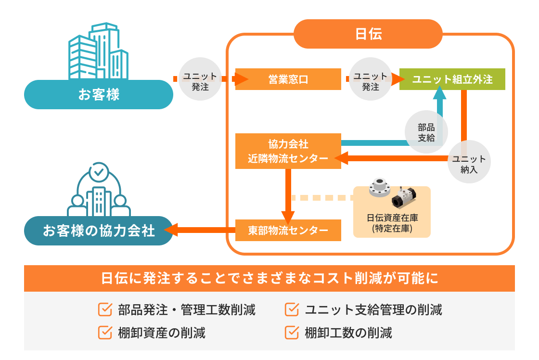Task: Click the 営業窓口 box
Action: [288, 79]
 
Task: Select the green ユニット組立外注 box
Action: [452, 79]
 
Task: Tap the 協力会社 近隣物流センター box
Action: [288, 151]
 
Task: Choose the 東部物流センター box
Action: [288, 230]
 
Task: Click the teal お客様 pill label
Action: [99, 94]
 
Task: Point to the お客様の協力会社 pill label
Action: [99, 231]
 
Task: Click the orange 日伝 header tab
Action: [368, 34]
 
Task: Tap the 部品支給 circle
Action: [426, 132]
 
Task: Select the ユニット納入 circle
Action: [469, 164]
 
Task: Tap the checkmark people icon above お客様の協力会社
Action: [98, 190]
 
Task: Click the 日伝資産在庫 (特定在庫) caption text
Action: [392, 222]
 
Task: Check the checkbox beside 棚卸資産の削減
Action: [104, 332]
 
